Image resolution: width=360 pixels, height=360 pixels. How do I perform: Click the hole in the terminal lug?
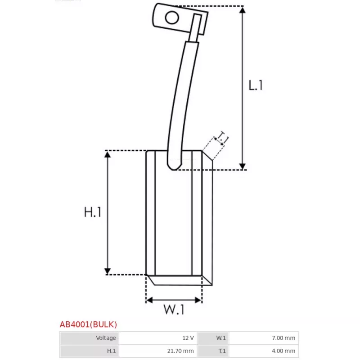pyautogui.click(x=172, y=18)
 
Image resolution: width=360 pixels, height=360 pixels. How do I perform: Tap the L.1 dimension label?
pyautogui.click(x=256, y=85)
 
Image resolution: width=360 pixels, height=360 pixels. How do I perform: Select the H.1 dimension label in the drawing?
pyautogui.click(x=93, y=212)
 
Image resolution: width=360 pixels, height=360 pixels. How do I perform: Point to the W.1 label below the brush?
pyautogui.click(x=174, y=310)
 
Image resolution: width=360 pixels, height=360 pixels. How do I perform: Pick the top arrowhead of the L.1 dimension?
pyautogui.click(x=243, y=10)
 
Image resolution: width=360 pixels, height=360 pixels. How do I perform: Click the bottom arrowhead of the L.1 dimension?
pyautogui.click(x=243, y=166)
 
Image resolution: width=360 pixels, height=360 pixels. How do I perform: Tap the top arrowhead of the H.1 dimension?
pyautogui.click(x=108, y=154)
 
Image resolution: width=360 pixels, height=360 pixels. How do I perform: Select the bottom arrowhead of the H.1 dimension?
pyautogui.click(x=108, y=271)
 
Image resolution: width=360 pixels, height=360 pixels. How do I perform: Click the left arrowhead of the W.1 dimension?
pyautogui.click(x=149, y=300)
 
